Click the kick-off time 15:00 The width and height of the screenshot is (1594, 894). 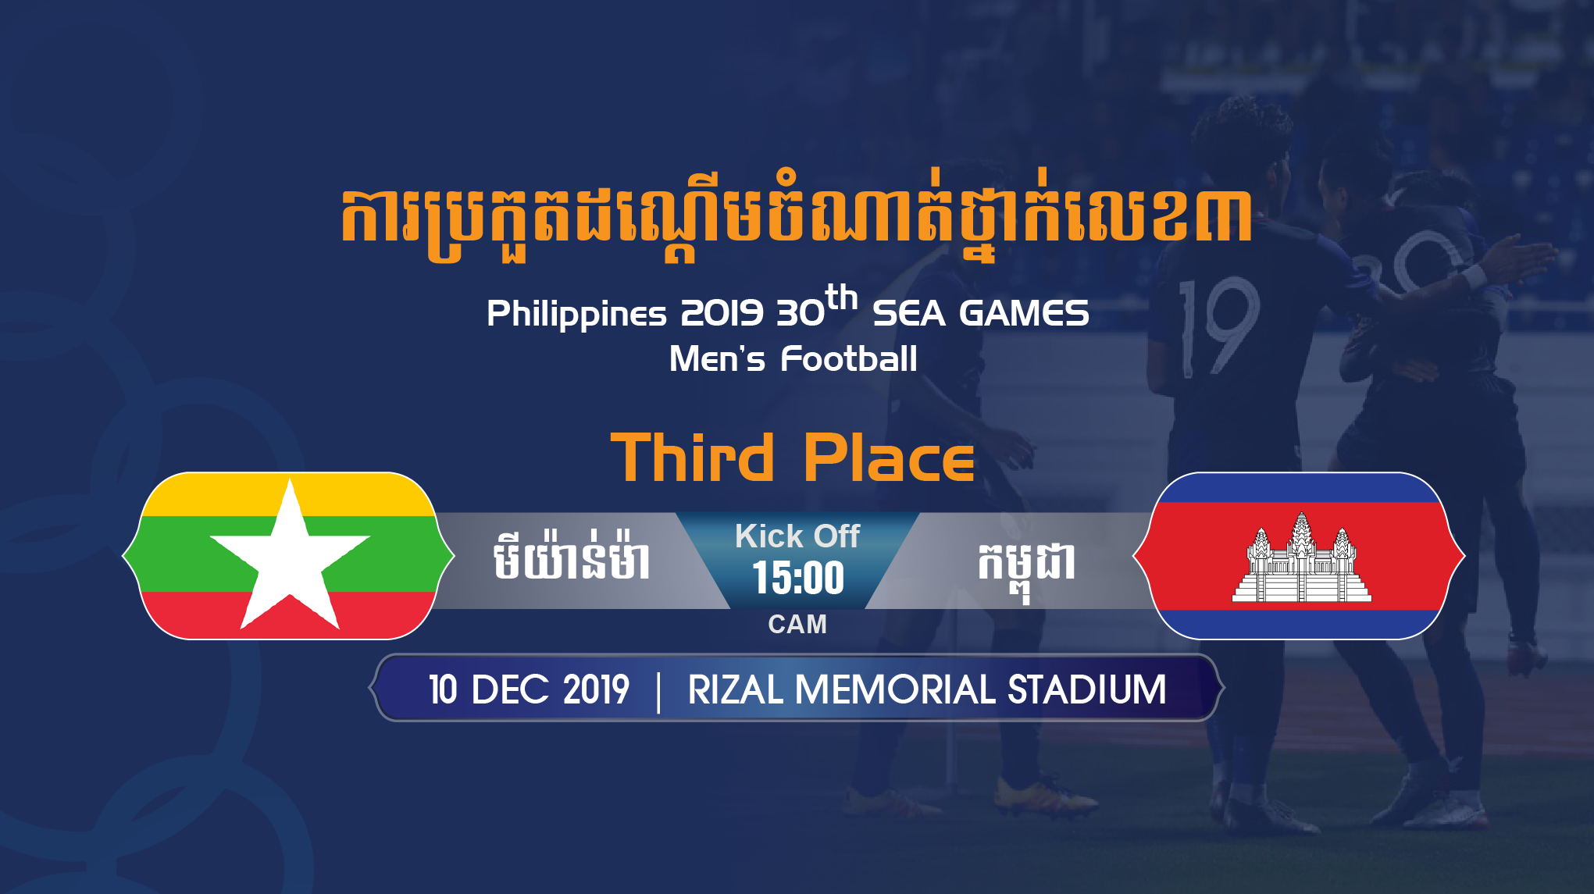pyautogui.click(x=798, y=578)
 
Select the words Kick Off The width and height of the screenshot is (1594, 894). pyautogui.click(x=797, y=536)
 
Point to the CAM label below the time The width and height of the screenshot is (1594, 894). pyautogui.click(x=797, y=625)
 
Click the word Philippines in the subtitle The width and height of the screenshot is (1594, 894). pyautogui.click(x=576, y=314)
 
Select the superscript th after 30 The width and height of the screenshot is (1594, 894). pyautogui.click(x=842, y=297)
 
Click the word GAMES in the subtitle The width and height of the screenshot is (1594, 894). pyautogui.click(x=1024, y=314)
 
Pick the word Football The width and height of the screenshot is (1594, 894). pyautogui.click(x=849, y=359)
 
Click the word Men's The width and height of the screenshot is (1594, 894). pyautogui.click(x=717, y=359)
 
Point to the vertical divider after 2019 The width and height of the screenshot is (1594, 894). pyautogui.click(x=658, y=692)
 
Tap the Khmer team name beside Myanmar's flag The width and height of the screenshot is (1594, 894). pyautogui.click(x=572, y=556)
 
